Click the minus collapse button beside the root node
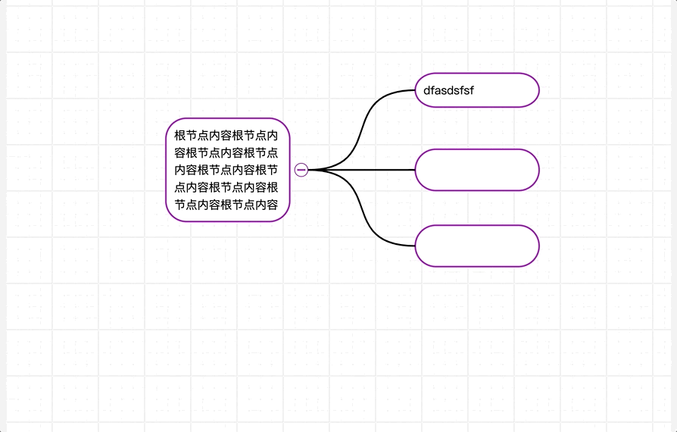(301, 170)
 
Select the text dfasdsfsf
(449, 91)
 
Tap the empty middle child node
(476, 170)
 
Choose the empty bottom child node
(476, 246)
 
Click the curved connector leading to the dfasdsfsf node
(366, 121)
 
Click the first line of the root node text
(226, 136)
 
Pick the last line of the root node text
(226, 205)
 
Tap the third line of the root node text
(226, 170)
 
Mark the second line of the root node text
(226, 153)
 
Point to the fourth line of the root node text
(226, 187)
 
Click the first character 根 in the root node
(180, 136)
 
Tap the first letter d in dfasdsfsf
(427, 91)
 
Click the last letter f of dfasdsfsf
(472, 91)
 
